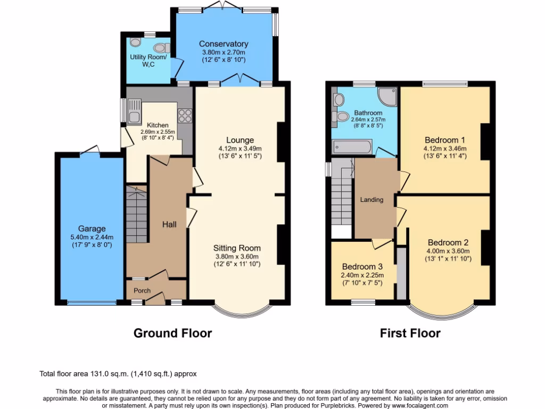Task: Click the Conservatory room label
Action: coord(224,44)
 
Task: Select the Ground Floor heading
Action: coord(172,333)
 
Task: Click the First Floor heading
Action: coord(410,333)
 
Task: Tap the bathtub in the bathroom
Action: coord(351,146)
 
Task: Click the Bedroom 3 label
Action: coord(362,266)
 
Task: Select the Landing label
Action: coord(371,200)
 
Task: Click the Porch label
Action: coord(142,291)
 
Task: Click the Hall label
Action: coord(169,225)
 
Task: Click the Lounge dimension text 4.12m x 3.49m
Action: coord(241,149)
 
